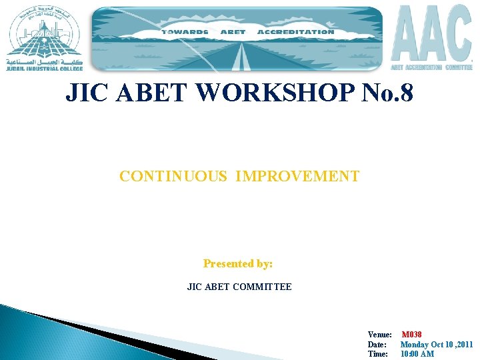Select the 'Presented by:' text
238,264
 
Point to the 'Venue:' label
379,335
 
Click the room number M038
411,335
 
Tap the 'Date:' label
377,345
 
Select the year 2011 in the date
463,345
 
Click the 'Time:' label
377,354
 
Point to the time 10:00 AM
417,354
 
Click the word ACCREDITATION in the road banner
295,31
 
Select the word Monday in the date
415,345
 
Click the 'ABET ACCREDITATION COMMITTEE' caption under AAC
431,67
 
